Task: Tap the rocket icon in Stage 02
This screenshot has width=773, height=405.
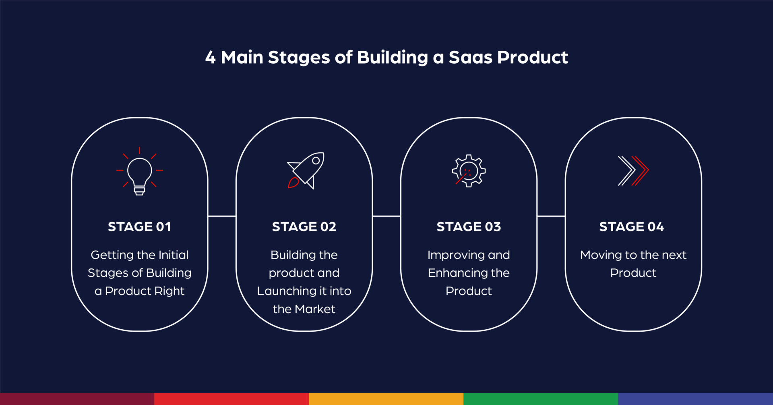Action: coord(306,170)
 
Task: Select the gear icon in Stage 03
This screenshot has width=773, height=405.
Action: coord(469,171)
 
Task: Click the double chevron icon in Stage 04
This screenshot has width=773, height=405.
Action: coord(633,171)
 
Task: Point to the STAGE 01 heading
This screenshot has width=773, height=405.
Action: coord(139,226)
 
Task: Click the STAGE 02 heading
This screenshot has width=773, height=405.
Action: coord(304,226)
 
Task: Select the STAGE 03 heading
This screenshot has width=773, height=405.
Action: coord(469,226)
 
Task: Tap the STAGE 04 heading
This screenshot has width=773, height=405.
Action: coord(631,226)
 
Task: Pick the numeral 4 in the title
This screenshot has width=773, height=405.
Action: coord(210,57)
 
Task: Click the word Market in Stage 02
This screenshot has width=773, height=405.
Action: coord(315,309)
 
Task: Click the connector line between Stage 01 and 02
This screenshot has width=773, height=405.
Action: coord(222,216)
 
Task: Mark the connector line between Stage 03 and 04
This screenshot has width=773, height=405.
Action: coord(551,216)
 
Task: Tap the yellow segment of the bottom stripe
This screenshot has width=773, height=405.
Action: coord(386,399)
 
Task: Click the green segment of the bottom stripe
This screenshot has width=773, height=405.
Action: coord(541,399)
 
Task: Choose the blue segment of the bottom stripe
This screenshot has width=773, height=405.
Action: coord(695,399)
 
